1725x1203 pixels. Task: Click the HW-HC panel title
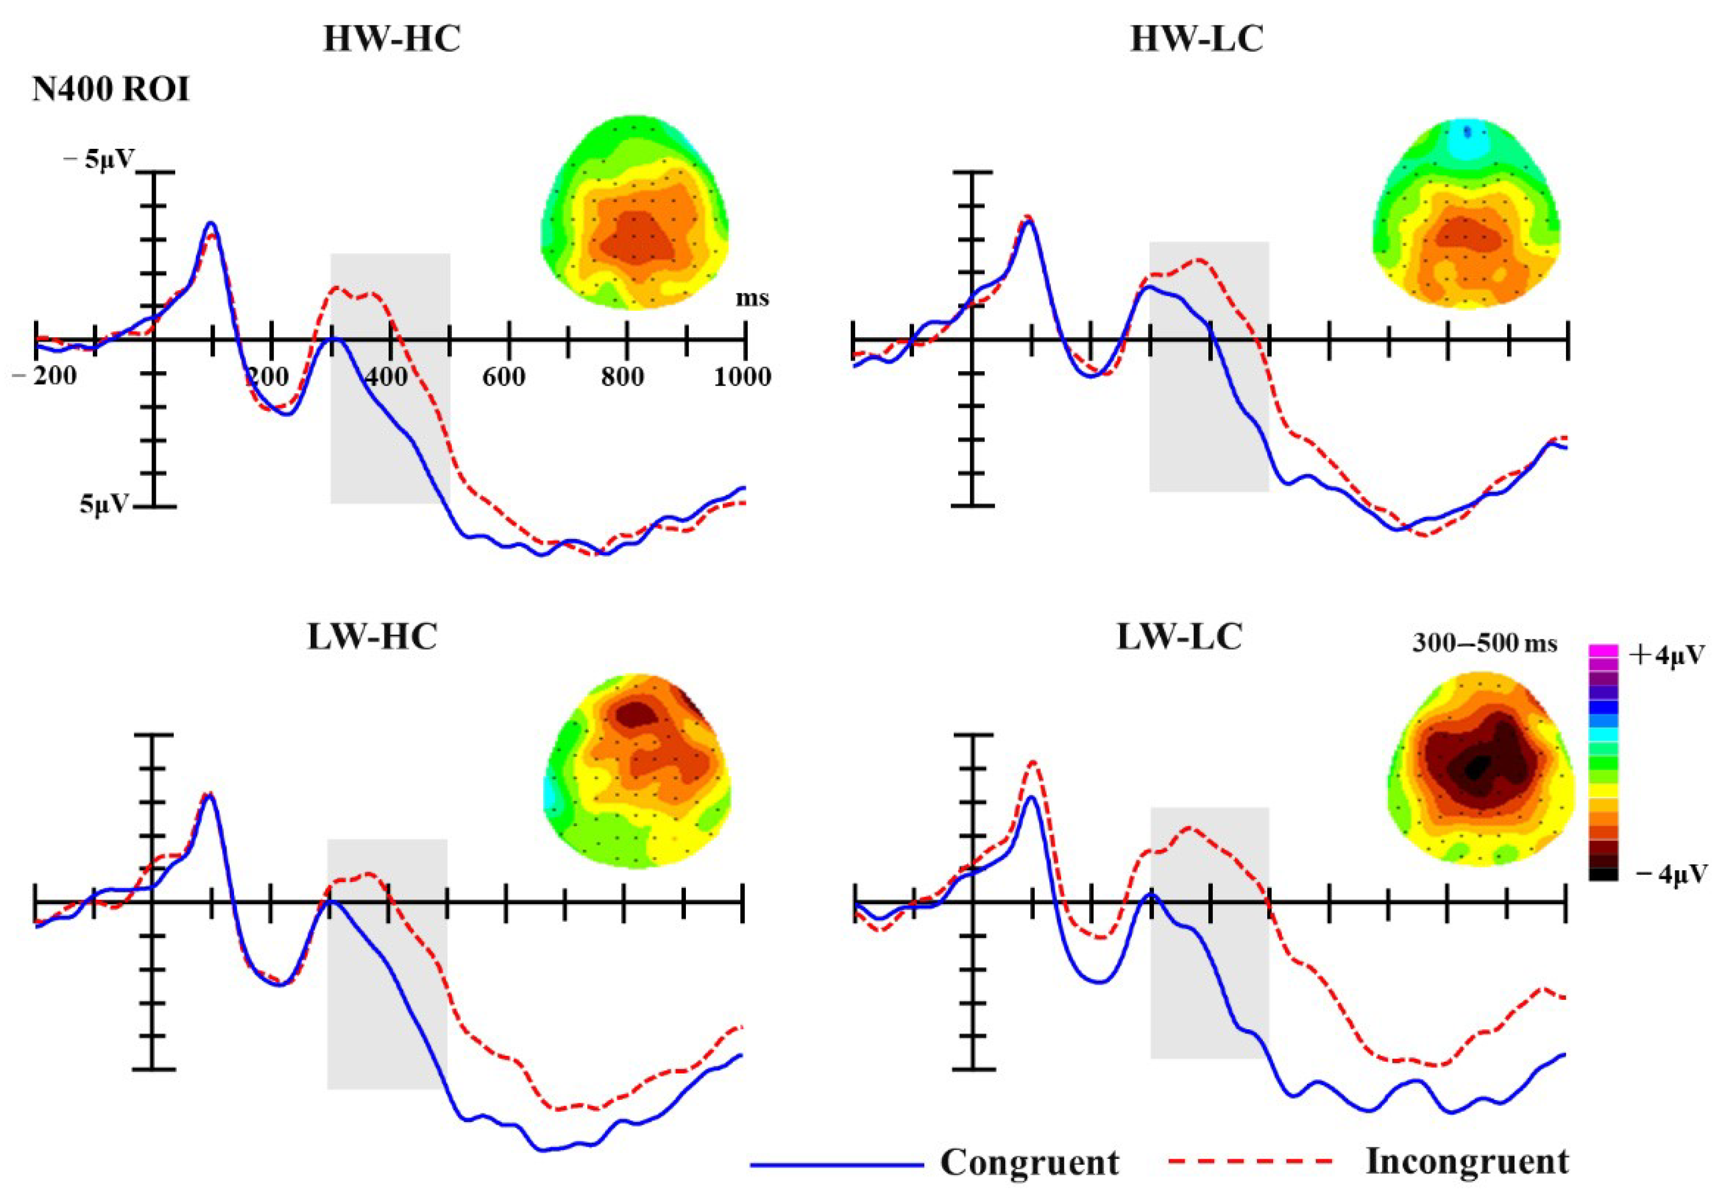391,39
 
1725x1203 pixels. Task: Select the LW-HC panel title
372,637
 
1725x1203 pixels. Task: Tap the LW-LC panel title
1179,637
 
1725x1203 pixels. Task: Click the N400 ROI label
111,90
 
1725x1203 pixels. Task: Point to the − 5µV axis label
99,159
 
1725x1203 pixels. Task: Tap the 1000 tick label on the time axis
741,377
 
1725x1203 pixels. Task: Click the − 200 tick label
45,375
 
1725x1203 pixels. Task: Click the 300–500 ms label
1484,644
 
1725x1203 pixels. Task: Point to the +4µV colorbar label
1666,655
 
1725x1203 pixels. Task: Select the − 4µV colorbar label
1671,874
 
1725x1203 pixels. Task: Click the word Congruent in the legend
1029,1163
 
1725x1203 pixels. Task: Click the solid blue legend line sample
836,1165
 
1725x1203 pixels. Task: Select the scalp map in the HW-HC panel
635,213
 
